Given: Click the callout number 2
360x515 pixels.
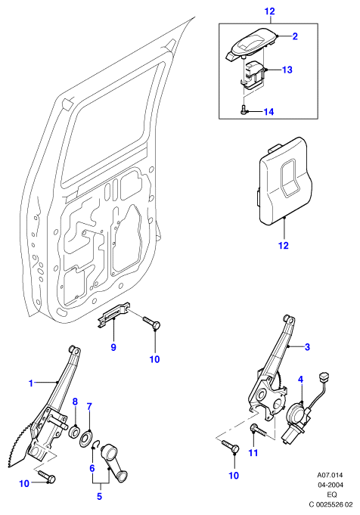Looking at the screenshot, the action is point(295,36).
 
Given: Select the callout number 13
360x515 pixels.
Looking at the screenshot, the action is point(287,70).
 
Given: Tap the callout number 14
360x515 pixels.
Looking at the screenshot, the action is point(268,112).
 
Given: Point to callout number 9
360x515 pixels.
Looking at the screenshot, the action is point(113,347).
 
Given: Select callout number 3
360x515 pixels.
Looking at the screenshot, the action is point(307,347).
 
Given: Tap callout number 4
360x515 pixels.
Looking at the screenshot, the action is point(300,380).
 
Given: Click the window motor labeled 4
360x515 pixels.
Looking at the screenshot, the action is point(296,423).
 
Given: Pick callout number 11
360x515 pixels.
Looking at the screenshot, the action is point(253,453).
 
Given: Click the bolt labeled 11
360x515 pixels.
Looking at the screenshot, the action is point(259,430).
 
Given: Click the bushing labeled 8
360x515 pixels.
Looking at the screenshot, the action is point(74,431).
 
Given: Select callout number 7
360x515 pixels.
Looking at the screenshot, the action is point(89,407).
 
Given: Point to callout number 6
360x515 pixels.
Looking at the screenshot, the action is point(92,468).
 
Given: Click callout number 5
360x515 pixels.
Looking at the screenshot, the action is point(99,496).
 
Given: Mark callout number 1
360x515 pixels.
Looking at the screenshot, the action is point(31,383).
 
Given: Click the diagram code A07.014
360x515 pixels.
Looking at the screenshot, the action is point(330,475).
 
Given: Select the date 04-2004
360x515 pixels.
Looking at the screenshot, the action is point(330,485).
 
